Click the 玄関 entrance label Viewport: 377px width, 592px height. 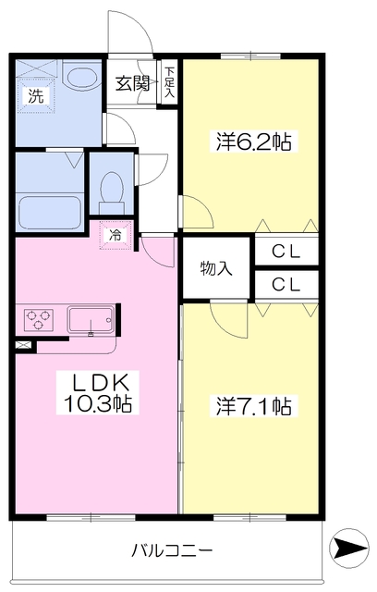[131, 83]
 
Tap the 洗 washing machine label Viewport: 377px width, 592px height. [33, 93]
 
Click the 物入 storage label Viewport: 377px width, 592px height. [215, 269]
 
